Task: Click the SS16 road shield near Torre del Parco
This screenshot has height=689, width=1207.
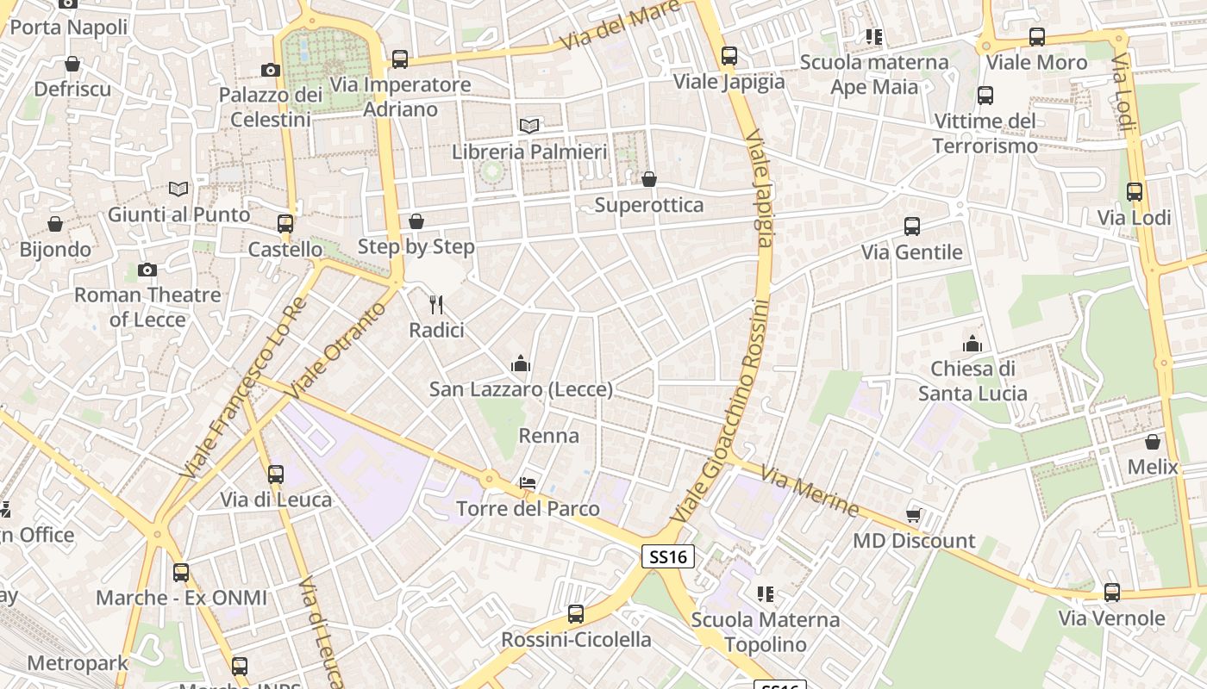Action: (668, 556)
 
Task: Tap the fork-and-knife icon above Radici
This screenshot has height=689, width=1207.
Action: (436, 304)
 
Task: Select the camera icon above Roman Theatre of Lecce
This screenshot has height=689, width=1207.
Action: (147, 270)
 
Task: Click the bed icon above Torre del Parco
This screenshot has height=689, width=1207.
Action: (528, 483)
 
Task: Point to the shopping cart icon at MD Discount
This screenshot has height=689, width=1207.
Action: (914, 516)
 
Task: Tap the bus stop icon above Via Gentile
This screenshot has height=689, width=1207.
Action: (912, 227)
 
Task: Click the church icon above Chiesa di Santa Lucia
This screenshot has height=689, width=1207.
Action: (972, 344)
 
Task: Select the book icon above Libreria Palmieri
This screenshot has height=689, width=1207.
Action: (529, 126)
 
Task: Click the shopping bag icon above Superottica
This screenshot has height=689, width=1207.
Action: (648, 179)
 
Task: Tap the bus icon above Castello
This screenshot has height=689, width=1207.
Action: (285, 224)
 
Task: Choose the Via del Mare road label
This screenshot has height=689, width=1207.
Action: (619, 26)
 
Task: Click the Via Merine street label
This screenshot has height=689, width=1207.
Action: (810, 491)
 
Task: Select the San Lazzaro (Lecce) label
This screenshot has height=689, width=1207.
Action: (521, 389)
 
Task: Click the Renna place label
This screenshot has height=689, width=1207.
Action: (548, 436)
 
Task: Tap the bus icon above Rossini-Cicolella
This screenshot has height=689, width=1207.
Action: (576, 614)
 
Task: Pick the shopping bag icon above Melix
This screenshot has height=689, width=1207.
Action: (1153, 442)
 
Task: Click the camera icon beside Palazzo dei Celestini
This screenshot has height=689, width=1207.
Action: (271, 71)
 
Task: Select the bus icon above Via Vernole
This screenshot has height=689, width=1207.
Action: (1112, 593)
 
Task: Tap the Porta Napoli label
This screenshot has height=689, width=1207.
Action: (68, 27)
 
